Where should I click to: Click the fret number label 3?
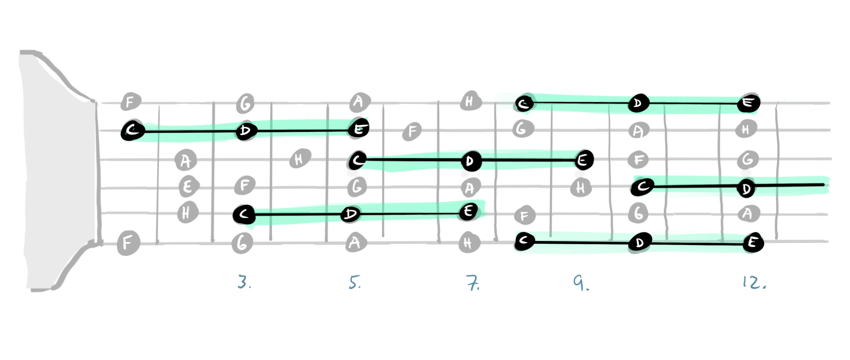244,282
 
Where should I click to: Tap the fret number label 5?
355,282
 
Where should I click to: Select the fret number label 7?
472,283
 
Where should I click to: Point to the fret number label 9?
581,283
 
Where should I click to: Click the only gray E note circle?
188,186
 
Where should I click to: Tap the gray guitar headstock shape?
58,170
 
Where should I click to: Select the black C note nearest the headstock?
132,131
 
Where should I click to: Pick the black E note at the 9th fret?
582,160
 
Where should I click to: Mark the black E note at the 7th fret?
468,211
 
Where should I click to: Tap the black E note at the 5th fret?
359,129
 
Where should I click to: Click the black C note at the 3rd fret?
244,215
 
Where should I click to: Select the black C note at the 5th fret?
357,160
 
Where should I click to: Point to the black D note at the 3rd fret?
246,131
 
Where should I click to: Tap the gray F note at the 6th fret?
412,131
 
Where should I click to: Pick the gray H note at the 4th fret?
300,159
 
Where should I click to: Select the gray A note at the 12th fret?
747,214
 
